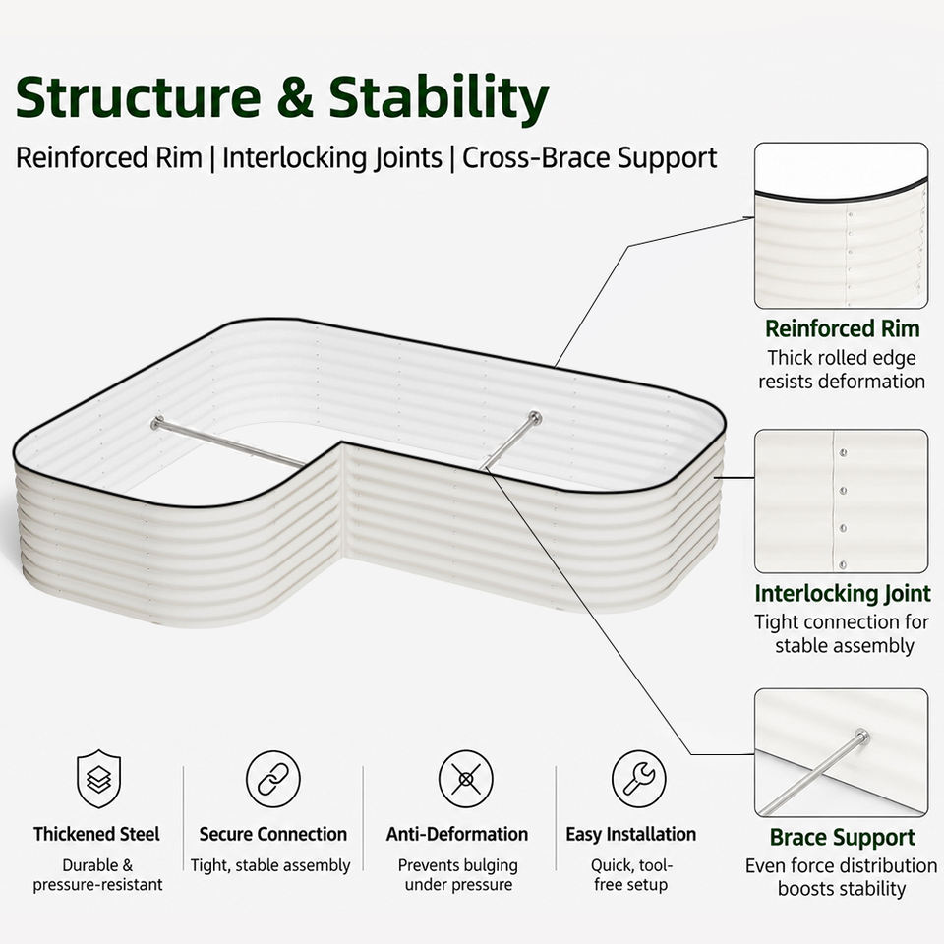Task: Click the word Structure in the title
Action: (x=139, y=96)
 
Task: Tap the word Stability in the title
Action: (x=439, y=99)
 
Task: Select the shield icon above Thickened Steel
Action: (x=98, y=779)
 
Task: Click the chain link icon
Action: (x=272, y=779)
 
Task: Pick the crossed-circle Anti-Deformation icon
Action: (x=465, y=779)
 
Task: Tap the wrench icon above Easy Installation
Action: (x=638, y=779)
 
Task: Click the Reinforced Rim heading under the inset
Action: (x=843, y=328)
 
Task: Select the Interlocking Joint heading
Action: (x=843, y=593)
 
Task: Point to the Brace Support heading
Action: (x=843, y=838)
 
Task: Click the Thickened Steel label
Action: (x=96, y=834)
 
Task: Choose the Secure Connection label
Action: (x=272, y=834)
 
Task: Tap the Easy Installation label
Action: (x=631, y=834)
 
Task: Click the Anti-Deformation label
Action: (x=457, y=834)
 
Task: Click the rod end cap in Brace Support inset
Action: (x=862, y=736)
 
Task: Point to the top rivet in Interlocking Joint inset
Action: (x=843, y=452)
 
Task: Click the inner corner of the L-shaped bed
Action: (x=342, y=442)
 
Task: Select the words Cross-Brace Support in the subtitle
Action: (x=589, y=157)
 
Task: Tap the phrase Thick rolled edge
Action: (x=841, y=358)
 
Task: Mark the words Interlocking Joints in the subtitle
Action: (x=332, y=158)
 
